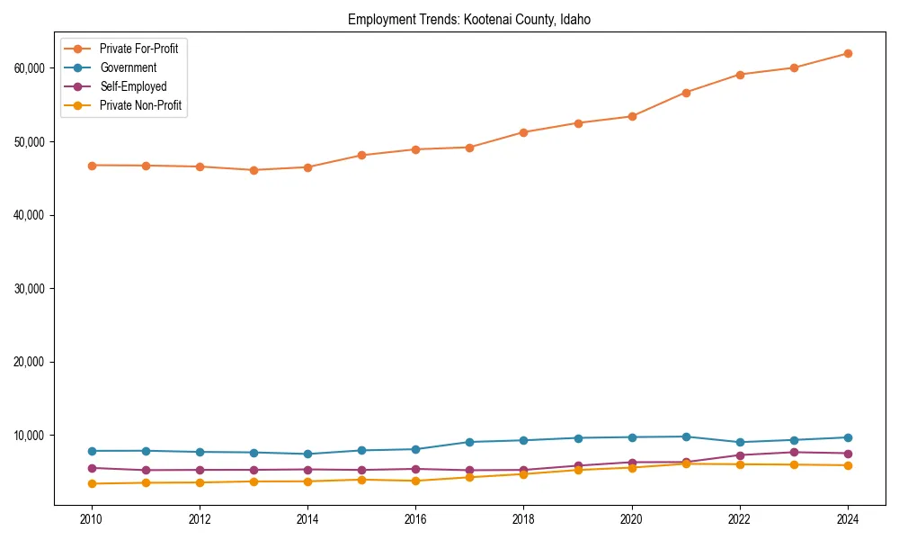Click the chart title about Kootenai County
pyautogui.click(x=468, y=19)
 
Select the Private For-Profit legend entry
pyautogui.click(x=138, y=49)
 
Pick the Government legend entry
pyautogui.click(x=128, y=67)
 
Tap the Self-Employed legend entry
pyautogui.click(x=133, y=86)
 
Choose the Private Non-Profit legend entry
pyautogui.click(x=140, y=105)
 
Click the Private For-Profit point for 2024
pyautogui.click(x=848, y=53)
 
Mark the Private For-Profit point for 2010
pyautogui.click(x=91, y=166)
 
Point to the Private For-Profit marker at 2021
pyautogui.click(x=686, y=93)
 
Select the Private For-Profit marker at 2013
pyautogui.click(x=254, y=170)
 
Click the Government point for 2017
pyautogui.click(x=469, y=442)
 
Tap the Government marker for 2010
pyautogui.click(x=91, y=451)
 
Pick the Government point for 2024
pyautogui.click(x=848, y=437)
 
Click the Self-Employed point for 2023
pyautogui.click(x=794, y=452)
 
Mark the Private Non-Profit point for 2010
pyautogui.click(x=91, y=483)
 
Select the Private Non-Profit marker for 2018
pyautogui.click(x=523, y=473)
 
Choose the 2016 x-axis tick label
pyautogui.click(x=415, y=519)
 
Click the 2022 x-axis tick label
pyautogui.click(x=740, y=519)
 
